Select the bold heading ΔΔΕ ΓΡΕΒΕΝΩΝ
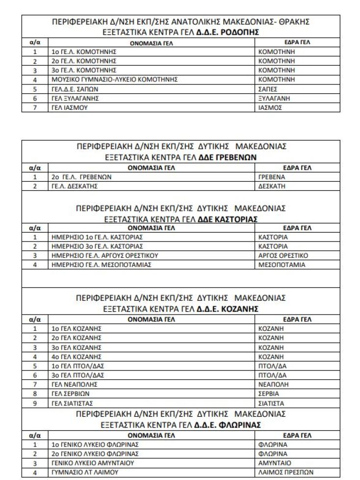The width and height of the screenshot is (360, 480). pos(228,157)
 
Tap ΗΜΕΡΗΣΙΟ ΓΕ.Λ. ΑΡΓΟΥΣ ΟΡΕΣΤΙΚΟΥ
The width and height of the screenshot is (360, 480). pos(104,256)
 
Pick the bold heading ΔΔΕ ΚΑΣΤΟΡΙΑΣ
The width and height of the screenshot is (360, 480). pos(228,218)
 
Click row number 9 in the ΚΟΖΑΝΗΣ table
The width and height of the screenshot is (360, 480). pos(35,402)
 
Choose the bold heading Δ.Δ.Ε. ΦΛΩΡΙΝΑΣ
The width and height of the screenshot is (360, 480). pos(229,424)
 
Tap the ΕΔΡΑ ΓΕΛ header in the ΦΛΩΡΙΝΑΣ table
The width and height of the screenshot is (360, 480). pos(297,435)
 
